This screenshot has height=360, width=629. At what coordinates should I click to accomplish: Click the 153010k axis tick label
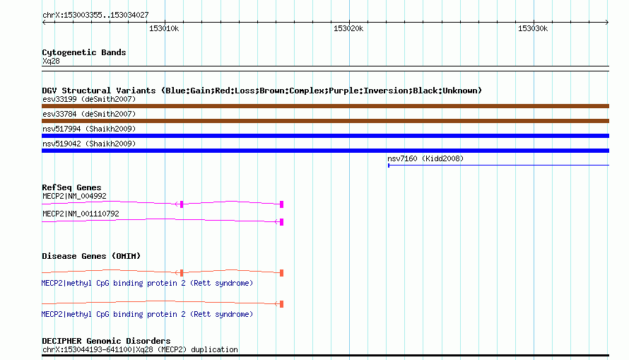point(164,28)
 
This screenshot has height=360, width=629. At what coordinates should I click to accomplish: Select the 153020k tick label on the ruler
point(348,28)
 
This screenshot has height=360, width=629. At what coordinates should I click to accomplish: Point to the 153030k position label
point(533,28)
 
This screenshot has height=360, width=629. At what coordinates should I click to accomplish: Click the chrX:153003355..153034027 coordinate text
point(95,15)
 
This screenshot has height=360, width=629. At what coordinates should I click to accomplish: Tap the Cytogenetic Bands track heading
point(84,52)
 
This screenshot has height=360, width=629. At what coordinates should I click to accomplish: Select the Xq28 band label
point(51,61)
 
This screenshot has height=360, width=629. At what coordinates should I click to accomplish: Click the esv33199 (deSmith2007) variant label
point(89,99)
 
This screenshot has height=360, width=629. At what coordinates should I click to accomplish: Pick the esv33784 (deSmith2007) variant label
point(89,114)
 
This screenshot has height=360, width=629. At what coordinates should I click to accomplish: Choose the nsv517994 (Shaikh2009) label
point(89,129)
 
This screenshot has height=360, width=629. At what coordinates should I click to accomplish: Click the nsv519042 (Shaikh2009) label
point(89,144)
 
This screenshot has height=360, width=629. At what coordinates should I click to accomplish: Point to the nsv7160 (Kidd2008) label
point(425,158)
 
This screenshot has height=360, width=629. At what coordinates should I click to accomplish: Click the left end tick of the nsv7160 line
point(388,166)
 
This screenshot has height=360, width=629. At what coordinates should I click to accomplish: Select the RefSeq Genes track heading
point(71,187)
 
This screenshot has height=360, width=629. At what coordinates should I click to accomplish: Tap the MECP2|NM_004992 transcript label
point(74,196)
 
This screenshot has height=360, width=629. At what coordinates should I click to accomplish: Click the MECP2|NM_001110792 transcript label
point(81,214)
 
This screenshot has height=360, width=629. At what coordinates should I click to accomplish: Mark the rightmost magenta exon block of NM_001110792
point(281,222)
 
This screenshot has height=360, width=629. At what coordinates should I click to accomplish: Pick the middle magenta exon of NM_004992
point(182,204)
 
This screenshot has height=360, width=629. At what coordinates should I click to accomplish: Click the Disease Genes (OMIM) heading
point(91,256)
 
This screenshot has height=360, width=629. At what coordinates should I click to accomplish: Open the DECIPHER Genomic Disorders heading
point(106,341)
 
